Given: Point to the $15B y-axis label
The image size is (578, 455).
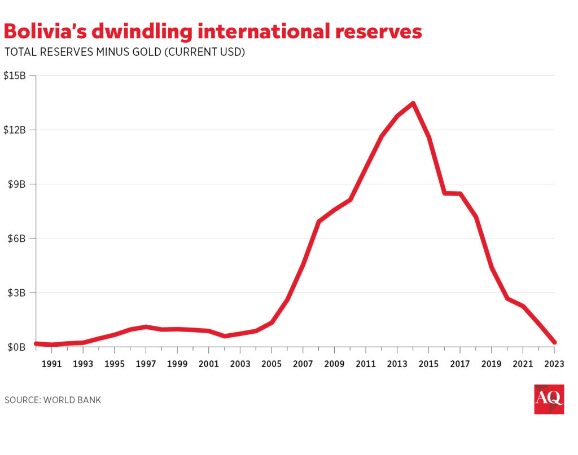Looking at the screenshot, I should point(15,76).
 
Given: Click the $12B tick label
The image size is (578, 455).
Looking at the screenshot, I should point(15,130).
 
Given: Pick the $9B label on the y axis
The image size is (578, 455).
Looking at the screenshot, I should point(17,184).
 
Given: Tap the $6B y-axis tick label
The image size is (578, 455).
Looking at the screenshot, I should point(17,238).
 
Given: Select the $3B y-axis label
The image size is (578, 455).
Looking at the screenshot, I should point(17,293).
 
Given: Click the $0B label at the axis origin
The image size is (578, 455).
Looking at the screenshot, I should point(17,347).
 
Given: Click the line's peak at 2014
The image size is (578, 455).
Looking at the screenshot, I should point(413,103).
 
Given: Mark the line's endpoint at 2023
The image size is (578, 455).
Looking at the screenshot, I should point(554,342).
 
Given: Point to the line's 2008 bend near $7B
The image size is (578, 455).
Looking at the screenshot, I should point(319,222).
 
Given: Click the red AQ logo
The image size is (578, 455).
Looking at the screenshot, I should point(549,399).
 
